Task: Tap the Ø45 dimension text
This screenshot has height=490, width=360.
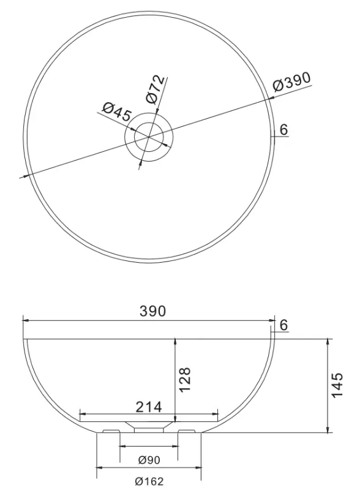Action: pyautogui.click(x=116, y=113)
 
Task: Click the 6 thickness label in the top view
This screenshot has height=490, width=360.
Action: pyautogui.click(x=283, y=130)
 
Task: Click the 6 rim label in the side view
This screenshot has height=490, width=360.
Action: pyautogui.click(x=283, y=325)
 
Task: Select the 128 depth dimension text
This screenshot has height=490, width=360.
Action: pyautogui.click(x=186, y=379)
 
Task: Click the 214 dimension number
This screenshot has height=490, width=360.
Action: pyautogui.click(x=149, y=406)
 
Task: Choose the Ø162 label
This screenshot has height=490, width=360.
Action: pyautogui.click(x=149, y=481)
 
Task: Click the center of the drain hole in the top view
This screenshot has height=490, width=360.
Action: pyautogui.click(x=149, y=136)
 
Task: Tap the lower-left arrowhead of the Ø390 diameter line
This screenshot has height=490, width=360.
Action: pyautogui.click(x=25, y=176)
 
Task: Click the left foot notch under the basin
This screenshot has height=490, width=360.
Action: pyautogui.click(x=110, y=431)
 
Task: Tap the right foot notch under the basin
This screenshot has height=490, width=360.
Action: pyautogui.click(x=187, y=431)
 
